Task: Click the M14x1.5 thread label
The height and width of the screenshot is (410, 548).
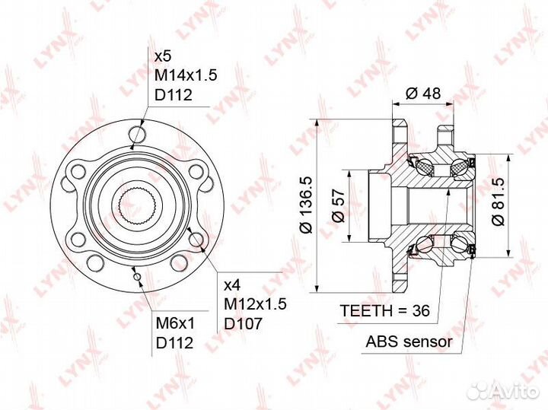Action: (x=186, y=75)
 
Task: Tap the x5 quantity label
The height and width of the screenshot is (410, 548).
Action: (x=163, y=56)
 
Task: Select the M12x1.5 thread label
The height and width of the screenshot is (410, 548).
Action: (x=255, y=304)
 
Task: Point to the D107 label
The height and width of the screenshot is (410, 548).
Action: (x=243, y=324)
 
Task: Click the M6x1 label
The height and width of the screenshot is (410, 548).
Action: (x=175, y=324)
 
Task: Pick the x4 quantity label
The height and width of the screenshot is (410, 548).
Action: (x=232, y=286)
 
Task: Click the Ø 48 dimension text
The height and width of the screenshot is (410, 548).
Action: (x=423, y=94)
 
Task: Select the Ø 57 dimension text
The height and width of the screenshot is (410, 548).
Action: (x=338, y=206)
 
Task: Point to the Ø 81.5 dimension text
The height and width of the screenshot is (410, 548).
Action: (x=498, y=202)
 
